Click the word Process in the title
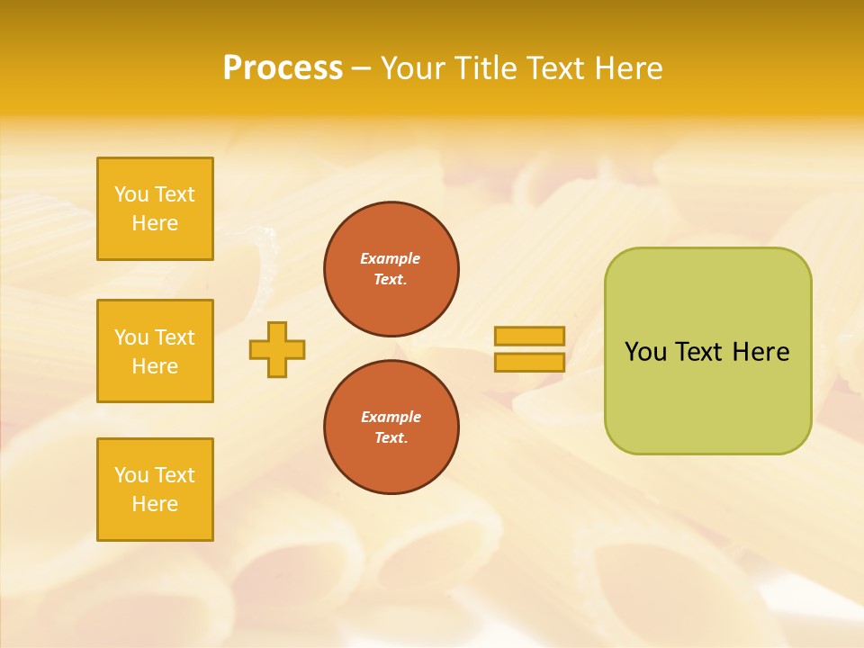(283, 67)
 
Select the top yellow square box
(155, 209)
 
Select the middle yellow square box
(155, 351)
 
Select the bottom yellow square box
(155, 490)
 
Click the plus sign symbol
(277, 349)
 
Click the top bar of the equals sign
(529, 336)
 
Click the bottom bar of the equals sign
(529, 362)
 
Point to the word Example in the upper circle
(391, 258)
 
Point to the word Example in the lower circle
(391, 417)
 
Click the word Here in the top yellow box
(155, 223)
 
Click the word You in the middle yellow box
(131, 337)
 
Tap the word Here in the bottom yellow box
(155, 504)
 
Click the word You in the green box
(645, 352)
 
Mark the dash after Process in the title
(361, 68)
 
